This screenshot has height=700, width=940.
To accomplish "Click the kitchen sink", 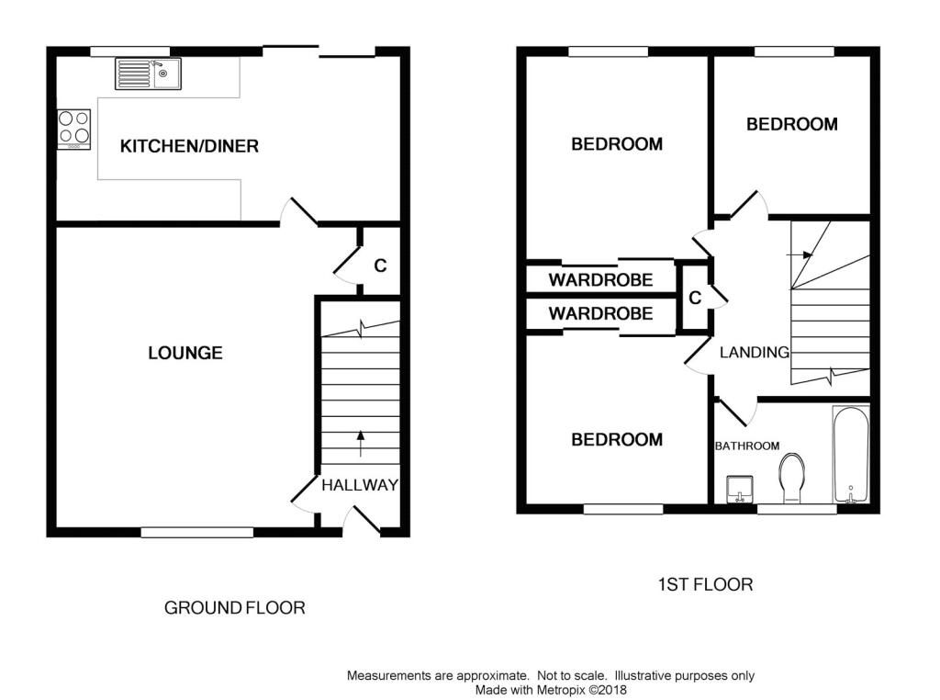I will (x=149, y=73).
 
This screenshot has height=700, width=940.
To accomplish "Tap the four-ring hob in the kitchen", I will (x=74, y=128).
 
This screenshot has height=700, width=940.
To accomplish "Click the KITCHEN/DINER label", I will (x=190, y=146).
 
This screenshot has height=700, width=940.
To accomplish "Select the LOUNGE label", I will (x=185, y=353).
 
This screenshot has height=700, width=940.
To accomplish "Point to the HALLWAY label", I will (x=360, y=485).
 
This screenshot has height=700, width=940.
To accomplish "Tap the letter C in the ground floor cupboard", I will (x=380, y=266).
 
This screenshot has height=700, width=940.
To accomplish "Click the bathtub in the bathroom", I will (x=851, y=456).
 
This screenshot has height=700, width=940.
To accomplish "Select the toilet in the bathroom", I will (x=790, y=480).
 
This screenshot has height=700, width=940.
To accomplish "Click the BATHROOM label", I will (x=747, y=446).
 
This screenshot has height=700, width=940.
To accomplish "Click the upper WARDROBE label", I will (x=600, y=279).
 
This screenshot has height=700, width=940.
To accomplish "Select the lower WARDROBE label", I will (x=600, y=313).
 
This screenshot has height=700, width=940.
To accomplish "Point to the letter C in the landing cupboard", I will (x=695, y=298).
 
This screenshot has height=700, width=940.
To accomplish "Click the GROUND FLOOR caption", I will (x=234, y=608).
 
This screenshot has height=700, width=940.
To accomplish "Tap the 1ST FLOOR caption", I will (x=705, y=584).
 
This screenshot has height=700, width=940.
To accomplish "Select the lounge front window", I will (x=196, y=531).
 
